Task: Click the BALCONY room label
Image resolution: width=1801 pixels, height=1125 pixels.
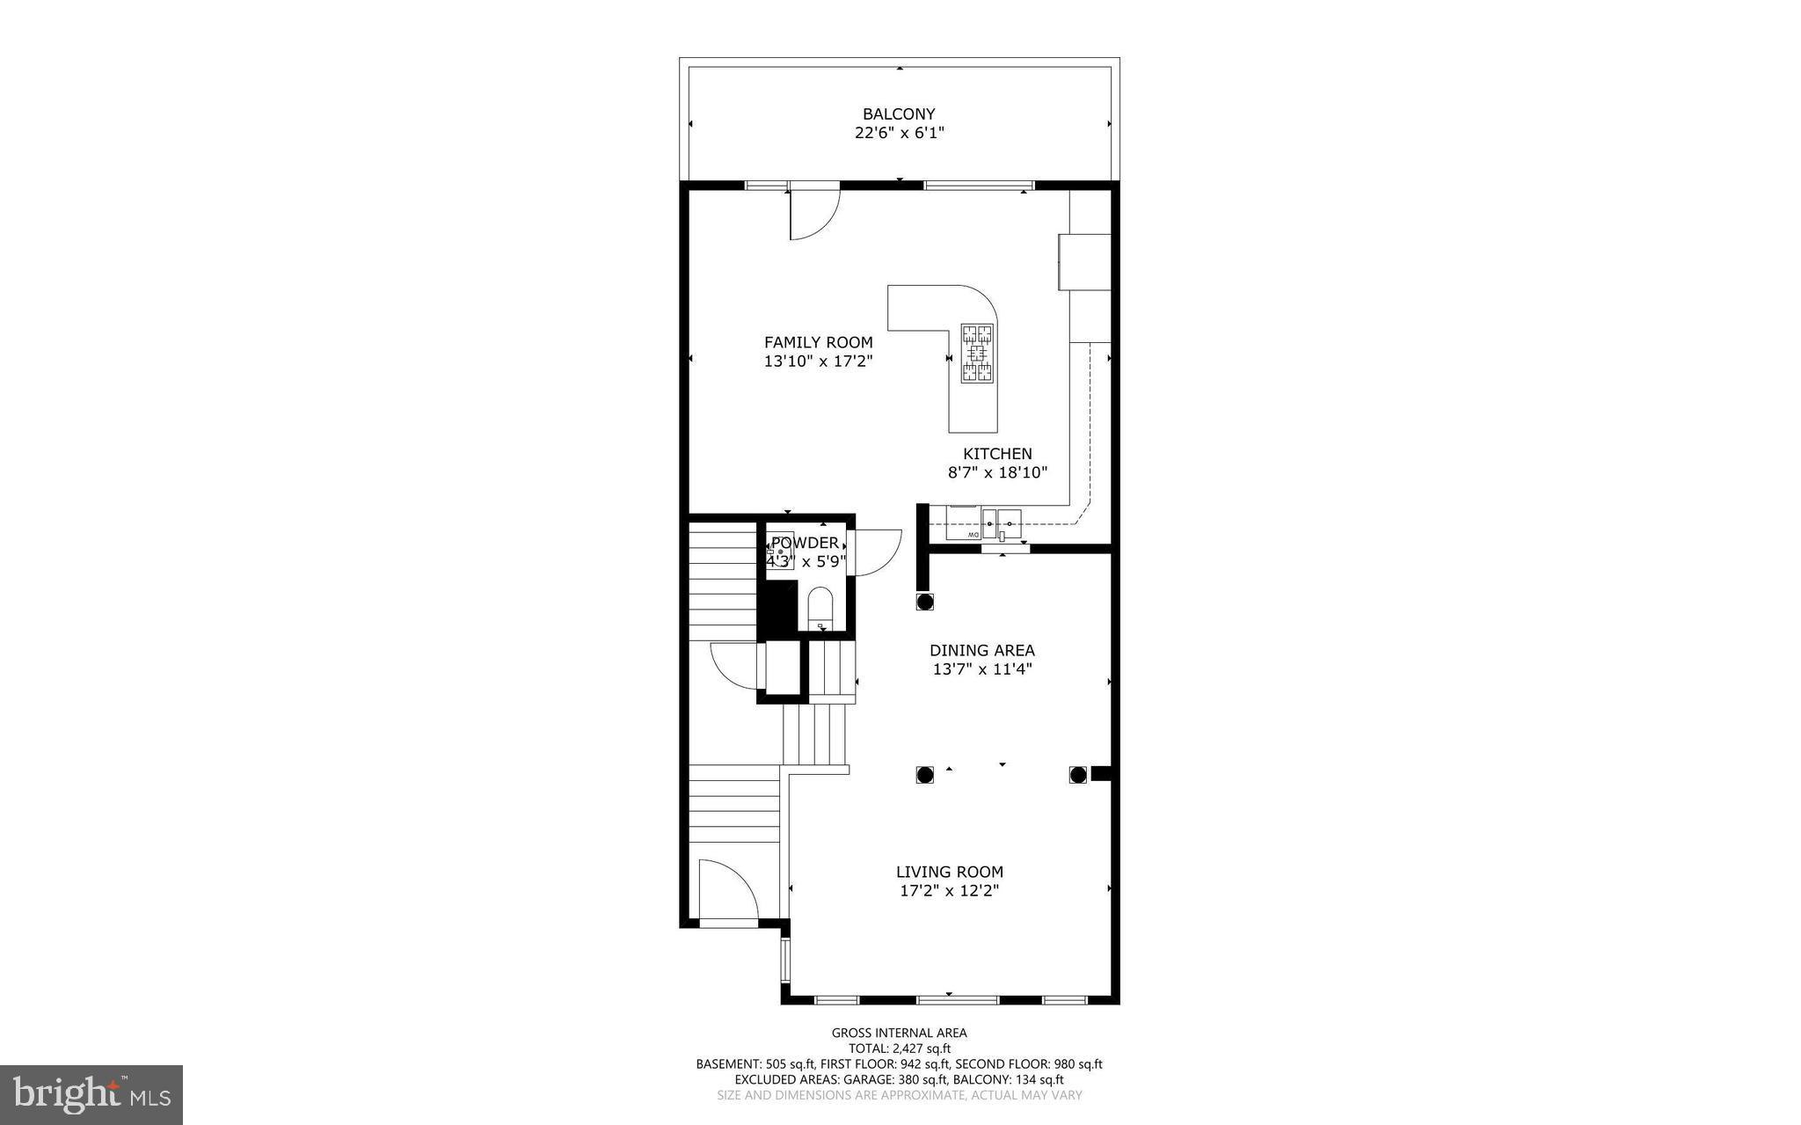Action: (898, 113)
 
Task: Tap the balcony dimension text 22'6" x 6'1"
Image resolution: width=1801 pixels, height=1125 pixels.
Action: (899, 134)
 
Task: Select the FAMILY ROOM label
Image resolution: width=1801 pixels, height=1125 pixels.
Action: (818, 342)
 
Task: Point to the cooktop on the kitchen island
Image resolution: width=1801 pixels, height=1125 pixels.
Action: (976, 353)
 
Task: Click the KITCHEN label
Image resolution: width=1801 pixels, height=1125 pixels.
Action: (997, 454)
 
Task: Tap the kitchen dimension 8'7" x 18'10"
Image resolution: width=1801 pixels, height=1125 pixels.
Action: (997, 473)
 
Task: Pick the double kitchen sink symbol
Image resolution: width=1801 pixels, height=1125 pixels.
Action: (1002, 522)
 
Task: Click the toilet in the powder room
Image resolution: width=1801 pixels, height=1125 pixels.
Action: (820, 606)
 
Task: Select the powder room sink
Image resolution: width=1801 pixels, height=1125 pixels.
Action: (780, 550)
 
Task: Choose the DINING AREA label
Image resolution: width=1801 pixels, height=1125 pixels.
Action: (981, 651)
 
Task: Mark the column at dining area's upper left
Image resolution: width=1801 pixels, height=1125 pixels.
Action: (924, 602)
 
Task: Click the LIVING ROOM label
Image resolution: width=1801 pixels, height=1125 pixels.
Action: (949, 872)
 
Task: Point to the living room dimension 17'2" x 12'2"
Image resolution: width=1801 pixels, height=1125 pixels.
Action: (949, 891)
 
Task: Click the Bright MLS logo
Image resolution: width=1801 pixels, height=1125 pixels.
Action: (91, 1094)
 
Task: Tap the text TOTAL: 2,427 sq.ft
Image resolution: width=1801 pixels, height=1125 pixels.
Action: (899, 1048)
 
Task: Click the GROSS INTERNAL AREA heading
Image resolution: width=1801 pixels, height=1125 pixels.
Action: (899, 1033)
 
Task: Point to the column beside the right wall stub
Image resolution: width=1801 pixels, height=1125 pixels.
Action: (1078, 774)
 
